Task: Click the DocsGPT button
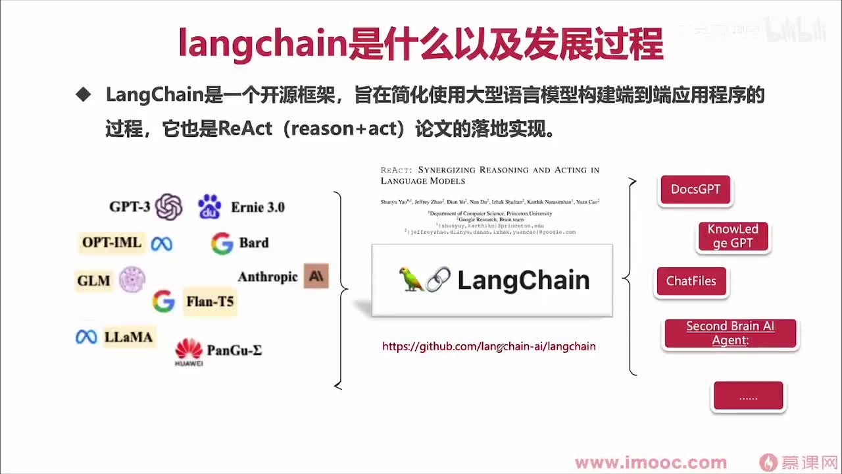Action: (x=695, y=190)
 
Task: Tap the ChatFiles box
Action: (x=691, y=282)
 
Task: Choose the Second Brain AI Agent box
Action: (x=730, y=334)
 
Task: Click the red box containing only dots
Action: (x=749, y=396)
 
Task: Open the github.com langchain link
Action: (x=489, y=346)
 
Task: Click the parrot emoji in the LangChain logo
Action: (x=412, y=280)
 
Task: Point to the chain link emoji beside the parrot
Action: (x=438, y=280)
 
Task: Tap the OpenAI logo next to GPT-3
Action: (x=169, y=207)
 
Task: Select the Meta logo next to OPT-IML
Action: (x=162, y=244)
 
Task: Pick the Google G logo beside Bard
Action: (x=222, y=244)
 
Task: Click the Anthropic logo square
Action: (x=316, y=276)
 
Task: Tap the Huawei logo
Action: (x=189, y=352)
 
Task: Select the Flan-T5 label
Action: (x=210, y=302)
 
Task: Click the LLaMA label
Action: (x=128, y=337)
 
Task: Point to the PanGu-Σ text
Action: (x=234, y=350)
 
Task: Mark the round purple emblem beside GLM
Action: (x=132, y=280)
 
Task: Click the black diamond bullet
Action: (x=83, y=95)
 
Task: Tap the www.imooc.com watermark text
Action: (x=651, y=463)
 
